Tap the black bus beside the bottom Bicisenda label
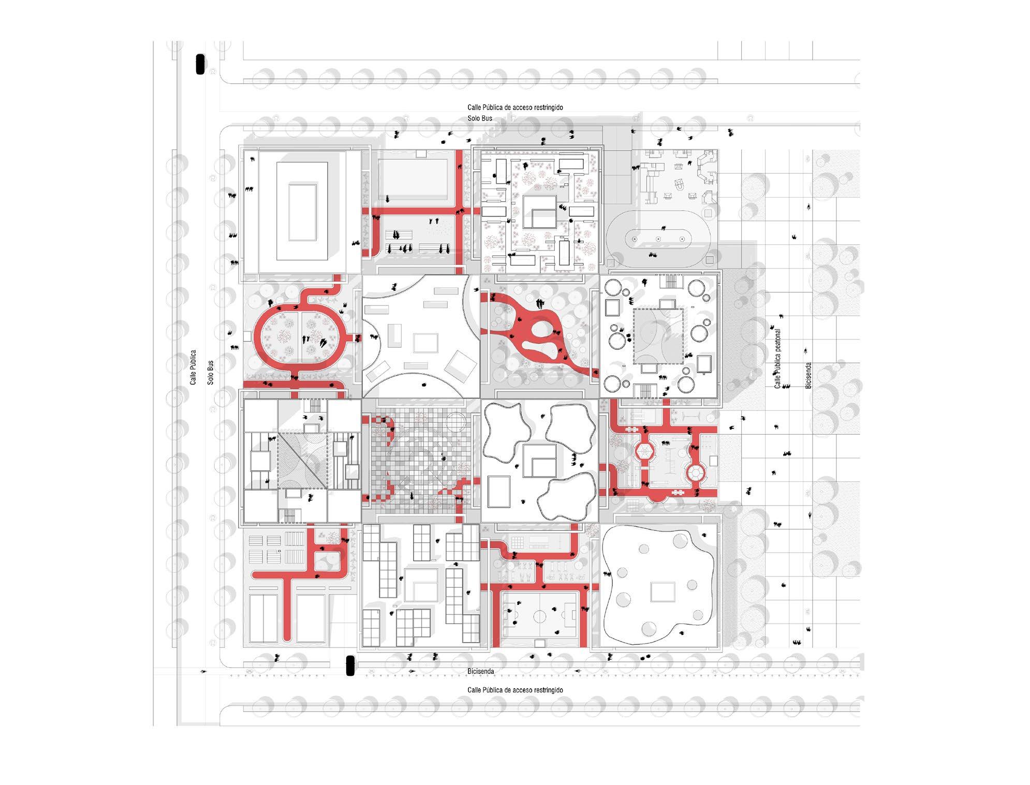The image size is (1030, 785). point(350,665)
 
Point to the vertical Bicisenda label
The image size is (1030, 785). point(808,375)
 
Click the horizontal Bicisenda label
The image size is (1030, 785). point(481,671)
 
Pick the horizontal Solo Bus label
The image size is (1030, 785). point(480,119)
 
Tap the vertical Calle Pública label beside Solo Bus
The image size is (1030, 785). point(193,367)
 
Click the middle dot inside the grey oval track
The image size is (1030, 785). point(658,239)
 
